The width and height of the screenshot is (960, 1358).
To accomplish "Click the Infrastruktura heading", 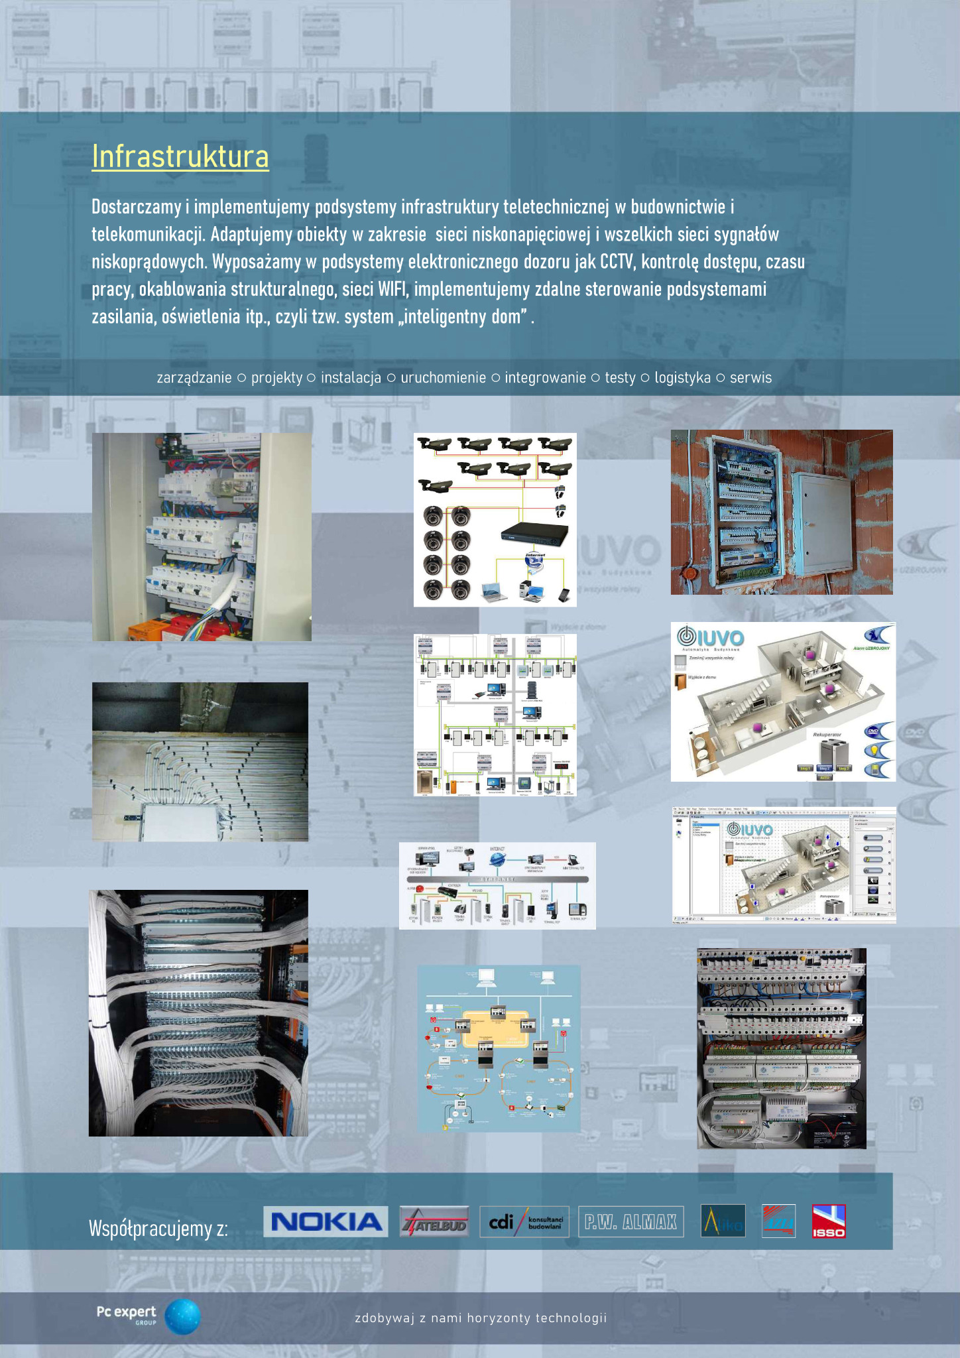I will [x=180, y=157].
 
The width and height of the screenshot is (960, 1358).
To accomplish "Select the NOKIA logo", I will [x=326, y=1221].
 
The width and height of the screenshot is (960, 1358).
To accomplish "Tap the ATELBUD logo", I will [x=434, y=1221].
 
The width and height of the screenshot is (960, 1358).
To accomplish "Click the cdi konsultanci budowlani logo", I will [x=524, y=1221].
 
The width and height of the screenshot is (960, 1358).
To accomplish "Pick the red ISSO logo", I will [x=829, y=1221].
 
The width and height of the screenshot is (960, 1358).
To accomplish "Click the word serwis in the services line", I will [x=750, y=378].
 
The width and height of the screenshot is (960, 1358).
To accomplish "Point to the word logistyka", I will [x=682, y=378].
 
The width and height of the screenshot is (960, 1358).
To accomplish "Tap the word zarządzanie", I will [x=194, y=378].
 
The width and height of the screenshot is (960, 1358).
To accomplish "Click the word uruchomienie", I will [x=443, y=378].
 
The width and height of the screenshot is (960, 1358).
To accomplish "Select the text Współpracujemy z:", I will [x=158, y=1229].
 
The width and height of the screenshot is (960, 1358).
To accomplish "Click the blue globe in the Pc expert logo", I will [x=182, y=1316].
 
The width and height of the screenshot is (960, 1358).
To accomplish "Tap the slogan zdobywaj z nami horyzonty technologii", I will [x=481, y=1318].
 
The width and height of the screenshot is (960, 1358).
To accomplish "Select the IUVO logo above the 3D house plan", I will [x=710, y=637].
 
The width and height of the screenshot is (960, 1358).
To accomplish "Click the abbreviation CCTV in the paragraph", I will [x=617, y=262].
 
